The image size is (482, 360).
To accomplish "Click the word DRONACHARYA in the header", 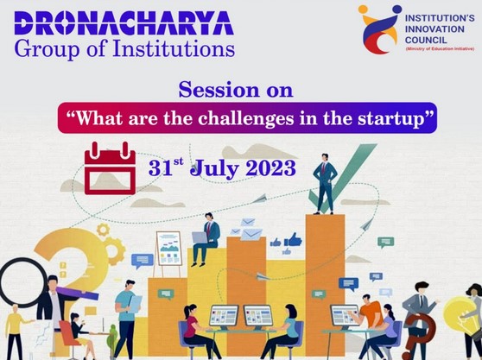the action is pos(124,23).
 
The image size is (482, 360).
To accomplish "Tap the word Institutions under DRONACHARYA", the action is pos(174,49).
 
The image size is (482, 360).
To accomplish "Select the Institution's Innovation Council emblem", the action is pos(380,29).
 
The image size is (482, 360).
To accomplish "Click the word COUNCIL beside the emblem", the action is pos(426,40).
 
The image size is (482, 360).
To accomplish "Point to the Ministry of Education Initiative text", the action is pos(440,49).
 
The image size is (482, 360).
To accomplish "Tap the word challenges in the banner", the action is pos(246,118).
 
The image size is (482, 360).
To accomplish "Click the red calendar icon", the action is pos(110,168).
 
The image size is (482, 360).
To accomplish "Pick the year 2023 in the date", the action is pos(271,168).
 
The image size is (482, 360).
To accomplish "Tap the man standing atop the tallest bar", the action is pos(325,184).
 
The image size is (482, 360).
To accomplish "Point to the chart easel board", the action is pos(168,249).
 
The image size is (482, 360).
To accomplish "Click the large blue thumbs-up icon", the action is pos(293,240).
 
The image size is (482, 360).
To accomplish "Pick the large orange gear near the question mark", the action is pos(114,251).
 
